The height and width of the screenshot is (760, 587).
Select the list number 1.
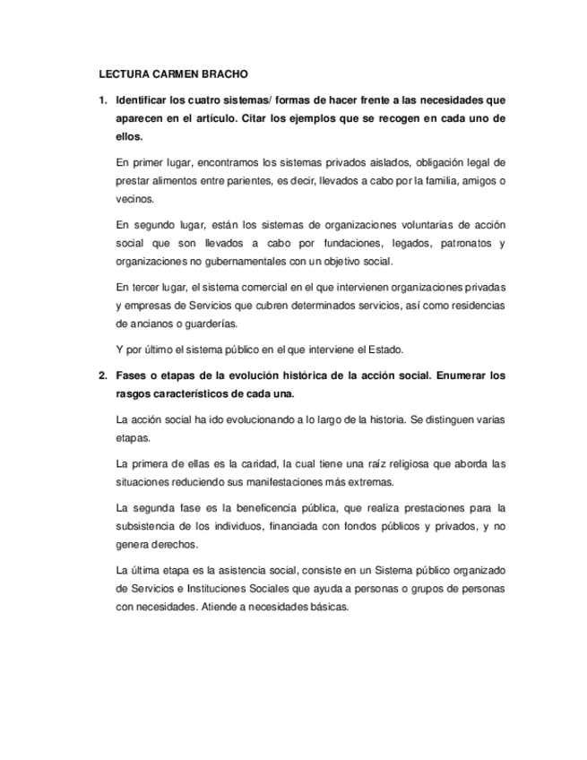click(x=101, y=98)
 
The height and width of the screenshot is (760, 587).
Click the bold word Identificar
click(x=145, y=98)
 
